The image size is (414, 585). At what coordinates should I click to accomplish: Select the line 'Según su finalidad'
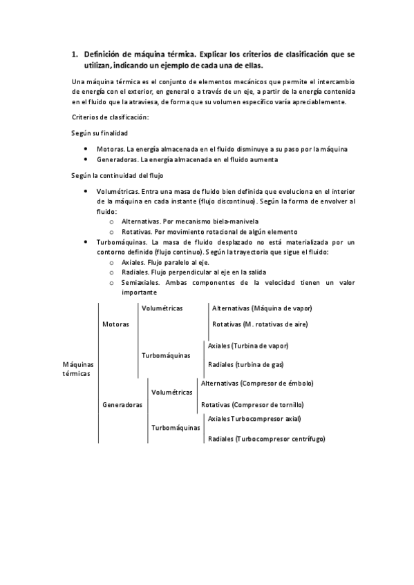point(100,132)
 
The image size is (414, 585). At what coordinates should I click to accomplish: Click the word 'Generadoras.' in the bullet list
point(117,159)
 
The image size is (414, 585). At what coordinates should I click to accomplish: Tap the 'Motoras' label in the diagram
point(115,324)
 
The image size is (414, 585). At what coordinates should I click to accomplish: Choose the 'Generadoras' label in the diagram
point(122,405)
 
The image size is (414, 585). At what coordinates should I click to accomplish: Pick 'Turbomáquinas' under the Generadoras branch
point(176,428)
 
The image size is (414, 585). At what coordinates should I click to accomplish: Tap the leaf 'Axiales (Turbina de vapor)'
point(247,346)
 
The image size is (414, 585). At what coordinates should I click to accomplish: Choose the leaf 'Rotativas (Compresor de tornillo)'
point(252,405)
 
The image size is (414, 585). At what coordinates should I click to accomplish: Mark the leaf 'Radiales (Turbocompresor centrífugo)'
point(266,439)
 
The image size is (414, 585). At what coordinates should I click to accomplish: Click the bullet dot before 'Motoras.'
point(85,148)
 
